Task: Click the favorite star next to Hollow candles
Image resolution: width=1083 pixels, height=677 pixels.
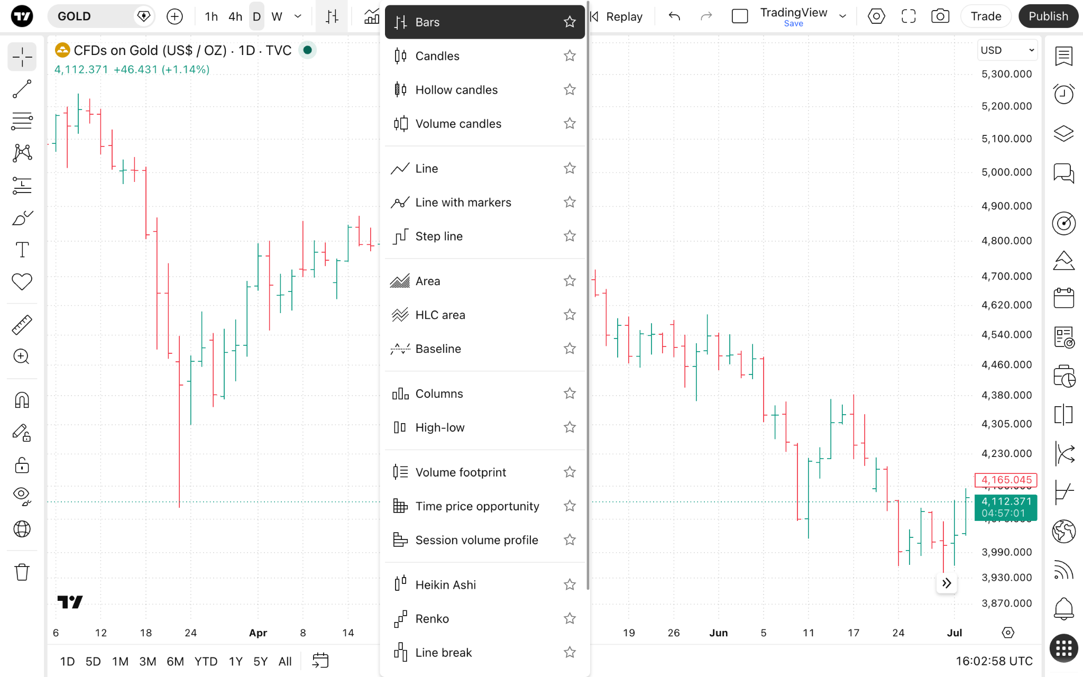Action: [x=570, y=90]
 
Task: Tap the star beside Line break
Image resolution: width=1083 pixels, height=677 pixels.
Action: [x=570, y=652]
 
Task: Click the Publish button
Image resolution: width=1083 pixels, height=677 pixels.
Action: [x=1048, y=16]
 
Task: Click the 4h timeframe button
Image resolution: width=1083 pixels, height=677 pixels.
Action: [x=235, y=16]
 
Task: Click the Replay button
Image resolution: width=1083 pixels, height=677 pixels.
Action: [x=617, y=16]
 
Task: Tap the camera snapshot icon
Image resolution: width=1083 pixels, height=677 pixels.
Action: [x=940, y=16]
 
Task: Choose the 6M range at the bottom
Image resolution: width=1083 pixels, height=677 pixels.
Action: [x=175, y=661]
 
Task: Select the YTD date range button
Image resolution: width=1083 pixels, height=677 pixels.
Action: [x=206, y=661]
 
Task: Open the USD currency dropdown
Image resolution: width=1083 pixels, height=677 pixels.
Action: [x=1007, y=50]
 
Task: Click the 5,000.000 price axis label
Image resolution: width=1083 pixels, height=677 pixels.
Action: [x=1006, y=172]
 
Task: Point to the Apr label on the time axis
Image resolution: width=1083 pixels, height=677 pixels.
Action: [x=258, y=633]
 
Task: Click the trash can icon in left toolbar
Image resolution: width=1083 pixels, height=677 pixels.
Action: [x=22, y=572]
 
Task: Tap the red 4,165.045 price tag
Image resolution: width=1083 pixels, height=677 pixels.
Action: [x=1006, y=480]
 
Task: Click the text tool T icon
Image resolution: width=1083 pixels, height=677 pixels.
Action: [x=22, y=249]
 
